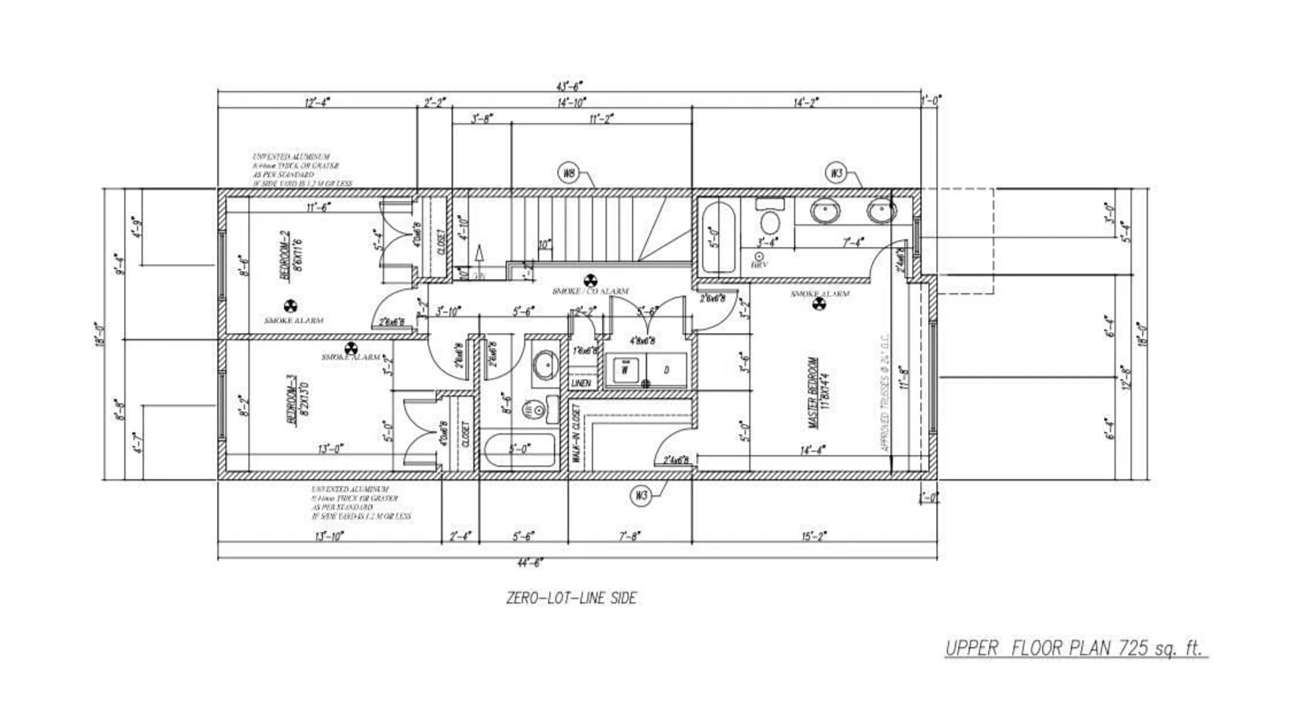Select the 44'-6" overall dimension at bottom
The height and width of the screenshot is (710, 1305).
[x=530, y=563]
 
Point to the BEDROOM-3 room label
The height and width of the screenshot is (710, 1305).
[x=293, y=407]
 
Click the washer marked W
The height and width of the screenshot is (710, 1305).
[x=625, y=370]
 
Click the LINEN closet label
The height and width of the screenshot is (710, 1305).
[x=580, y=383]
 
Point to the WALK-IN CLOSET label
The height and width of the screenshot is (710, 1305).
[x=576, y=434]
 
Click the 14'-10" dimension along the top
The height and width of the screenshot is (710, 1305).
[x=571, y=103]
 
